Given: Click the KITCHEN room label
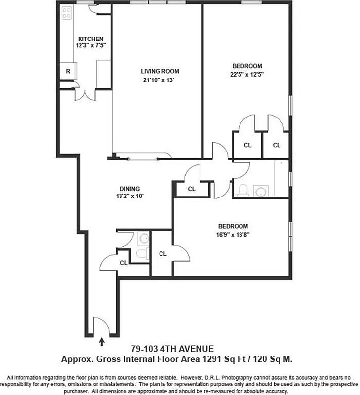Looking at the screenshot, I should pos(90,39).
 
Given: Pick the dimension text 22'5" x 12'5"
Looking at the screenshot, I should pos(247,75).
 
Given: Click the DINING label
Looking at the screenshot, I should pos(129,188).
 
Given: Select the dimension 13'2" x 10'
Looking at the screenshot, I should pos(129,196).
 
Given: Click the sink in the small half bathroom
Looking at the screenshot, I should pos(143,238).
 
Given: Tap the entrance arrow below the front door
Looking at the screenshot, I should pos(102,340).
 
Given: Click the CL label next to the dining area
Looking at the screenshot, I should pos(192,189).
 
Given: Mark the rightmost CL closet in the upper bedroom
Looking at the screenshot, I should pos(277,145).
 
